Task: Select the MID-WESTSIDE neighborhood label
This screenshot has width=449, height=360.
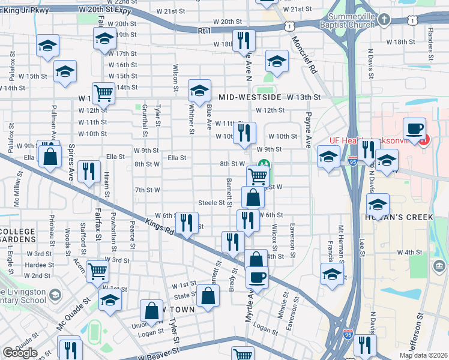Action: click(250, 97)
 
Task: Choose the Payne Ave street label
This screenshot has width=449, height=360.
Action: click(309, 130)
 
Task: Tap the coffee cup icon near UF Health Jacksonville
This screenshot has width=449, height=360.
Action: click(414, 128)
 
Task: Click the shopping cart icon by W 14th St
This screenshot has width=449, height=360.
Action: click(104, 94)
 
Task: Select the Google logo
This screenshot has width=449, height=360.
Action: click(20, 353)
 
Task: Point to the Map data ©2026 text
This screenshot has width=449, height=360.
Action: click(423, 355)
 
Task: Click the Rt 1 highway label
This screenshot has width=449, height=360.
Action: click(205, 29)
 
